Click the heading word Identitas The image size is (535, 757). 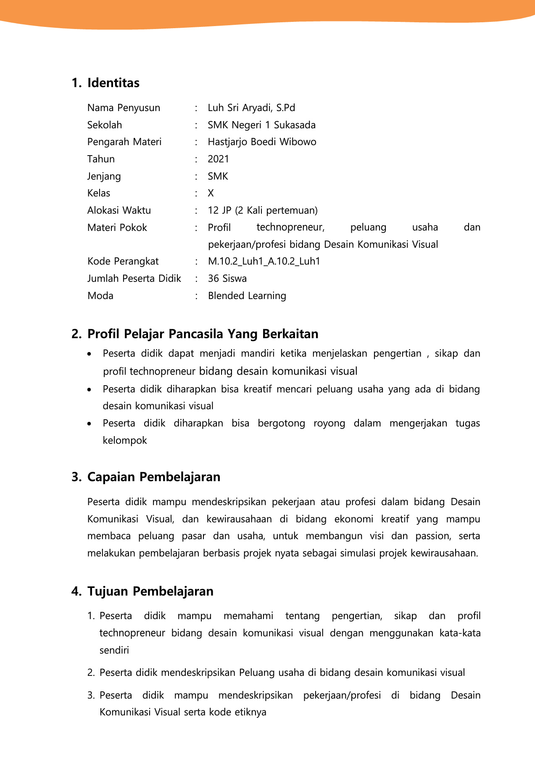click(113, 83)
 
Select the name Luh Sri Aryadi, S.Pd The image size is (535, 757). click(251, 108)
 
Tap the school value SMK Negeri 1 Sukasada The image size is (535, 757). click(261, 125)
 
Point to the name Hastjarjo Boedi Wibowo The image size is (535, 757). click(262, 142)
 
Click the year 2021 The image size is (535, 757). click(218, 159)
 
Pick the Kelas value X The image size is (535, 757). click(211, 193)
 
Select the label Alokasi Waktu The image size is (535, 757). click(119, 210)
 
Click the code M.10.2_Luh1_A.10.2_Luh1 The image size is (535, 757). click(264, 261)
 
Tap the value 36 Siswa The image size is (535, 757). click(227, 278)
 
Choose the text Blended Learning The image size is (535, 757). click(247, 296)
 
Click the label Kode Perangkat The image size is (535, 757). click(123, 261)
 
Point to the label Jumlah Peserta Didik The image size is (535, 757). click(134, 278)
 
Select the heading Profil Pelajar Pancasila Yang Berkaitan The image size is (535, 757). click(203, 334)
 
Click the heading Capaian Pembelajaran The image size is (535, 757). click(153, 477)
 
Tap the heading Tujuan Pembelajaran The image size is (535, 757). click(150, 591)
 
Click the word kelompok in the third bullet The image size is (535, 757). click(125, 440)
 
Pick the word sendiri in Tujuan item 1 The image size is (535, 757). click(114, 650)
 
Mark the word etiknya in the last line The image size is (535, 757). click(250, 712)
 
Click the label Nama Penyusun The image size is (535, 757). click(124, 108)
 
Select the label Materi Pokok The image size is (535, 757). click(117, 228)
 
